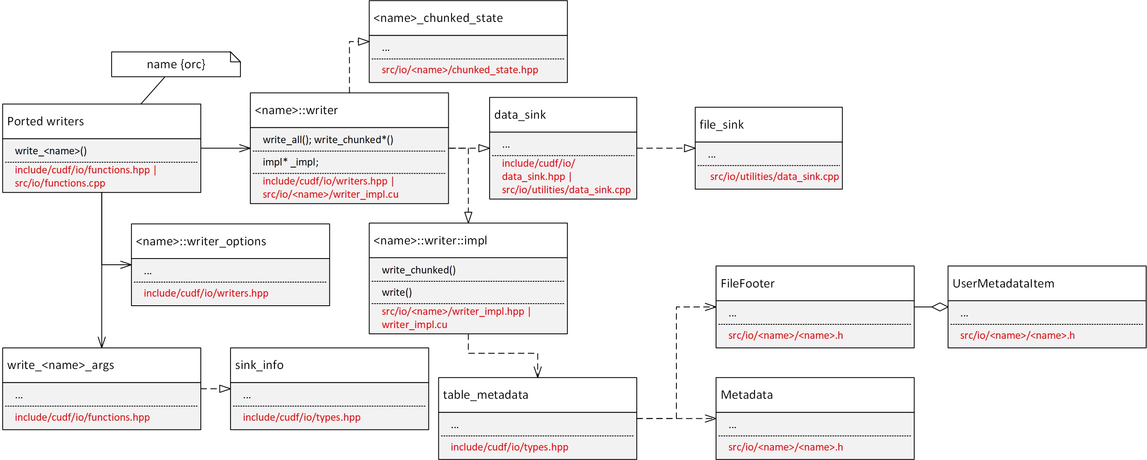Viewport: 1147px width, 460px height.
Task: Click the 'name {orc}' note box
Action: coord(176,64)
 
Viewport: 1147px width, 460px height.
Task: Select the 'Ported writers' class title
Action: coord(45,121)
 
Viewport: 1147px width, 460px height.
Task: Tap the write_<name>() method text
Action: coord(51,151)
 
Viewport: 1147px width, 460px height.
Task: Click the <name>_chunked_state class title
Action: coord(438,18)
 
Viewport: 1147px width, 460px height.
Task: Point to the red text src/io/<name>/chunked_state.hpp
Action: coord(459,70)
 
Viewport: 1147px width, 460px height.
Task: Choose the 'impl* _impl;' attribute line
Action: coord(290,162)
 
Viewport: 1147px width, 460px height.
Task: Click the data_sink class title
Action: coord(520,115)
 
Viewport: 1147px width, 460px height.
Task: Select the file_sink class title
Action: coord(721,125)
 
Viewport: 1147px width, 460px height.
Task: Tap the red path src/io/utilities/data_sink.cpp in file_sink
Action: coord(774,177)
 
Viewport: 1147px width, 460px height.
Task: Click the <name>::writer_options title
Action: coord(201,241)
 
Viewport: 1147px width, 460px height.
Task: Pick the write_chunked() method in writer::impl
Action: coord(419,270)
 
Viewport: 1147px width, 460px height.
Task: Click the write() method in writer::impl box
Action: coord(397,292)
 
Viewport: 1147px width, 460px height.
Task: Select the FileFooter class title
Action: coord(747,283)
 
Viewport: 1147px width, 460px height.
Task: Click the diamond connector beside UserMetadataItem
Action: coord(940,307)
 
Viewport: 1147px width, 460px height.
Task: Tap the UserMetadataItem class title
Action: coord(1003,283)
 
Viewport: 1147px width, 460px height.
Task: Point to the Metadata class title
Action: coord(746,395)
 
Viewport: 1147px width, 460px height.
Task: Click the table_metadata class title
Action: coord(485,395)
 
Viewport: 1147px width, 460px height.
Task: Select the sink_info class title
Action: coord(259,364)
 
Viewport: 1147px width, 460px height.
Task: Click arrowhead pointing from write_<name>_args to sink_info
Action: coord(225,389)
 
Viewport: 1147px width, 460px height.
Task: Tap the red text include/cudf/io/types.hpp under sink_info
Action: coord(302,417)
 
